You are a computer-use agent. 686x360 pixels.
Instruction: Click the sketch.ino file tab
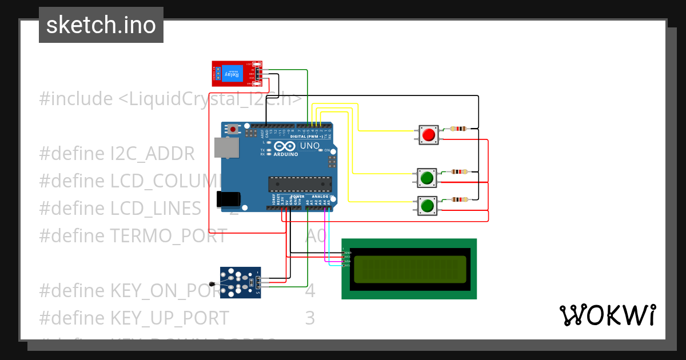101,25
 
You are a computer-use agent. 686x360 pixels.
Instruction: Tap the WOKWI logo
607,315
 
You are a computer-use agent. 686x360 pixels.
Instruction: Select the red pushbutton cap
428,135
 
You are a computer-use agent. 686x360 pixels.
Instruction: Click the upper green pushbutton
426,178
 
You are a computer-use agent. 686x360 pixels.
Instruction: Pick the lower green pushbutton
426,206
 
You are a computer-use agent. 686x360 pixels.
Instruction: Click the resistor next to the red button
459,129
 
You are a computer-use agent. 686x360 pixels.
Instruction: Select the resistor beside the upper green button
459,171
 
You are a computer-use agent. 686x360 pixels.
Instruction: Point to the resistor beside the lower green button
459,199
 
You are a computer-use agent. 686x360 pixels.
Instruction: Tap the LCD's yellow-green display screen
409,269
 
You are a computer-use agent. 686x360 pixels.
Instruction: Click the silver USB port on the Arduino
227,147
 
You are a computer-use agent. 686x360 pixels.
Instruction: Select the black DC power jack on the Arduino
228,198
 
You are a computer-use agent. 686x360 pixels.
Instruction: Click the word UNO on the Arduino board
309,146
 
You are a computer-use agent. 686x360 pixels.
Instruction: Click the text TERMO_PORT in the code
169,235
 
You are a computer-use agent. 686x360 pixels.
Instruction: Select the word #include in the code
76,99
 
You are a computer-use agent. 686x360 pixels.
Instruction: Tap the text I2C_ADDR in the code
153,154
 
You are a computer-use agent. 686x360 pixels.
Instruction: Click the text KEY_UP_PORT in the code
170,318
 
